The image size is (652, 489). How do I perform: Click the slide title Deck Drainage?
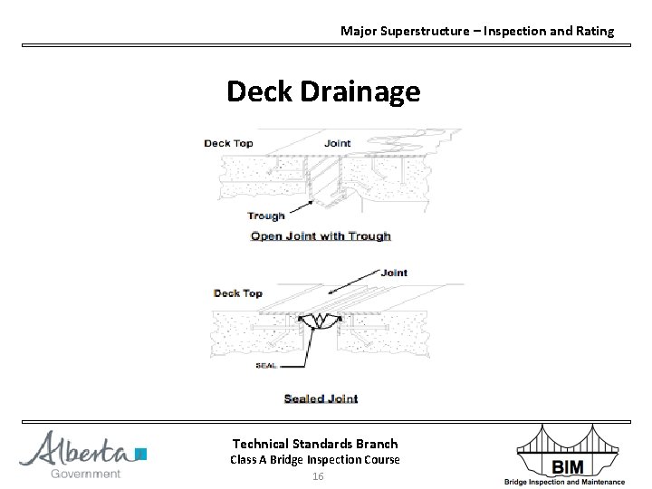(323, 91)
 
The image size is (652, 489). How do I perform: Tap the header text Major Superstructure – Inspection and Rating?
(476, 31)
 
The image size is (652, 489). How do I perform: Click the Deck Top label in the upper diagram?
(228, 143)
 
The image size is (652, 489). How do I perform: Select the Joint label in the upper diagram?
(338, 143)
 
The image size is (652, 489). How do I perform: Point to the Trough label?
(265, 216)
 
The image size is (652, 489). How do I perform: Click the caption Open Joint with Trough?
(321, 236)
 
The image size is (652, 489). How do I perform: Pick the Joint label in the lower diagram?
(394, 272)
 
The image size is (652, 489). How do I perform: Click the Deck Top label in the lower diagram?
(238, 293)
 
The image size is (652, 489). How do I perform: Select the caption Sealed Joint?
(321, 398)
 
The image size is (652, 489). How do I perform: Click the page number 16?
(317, 476)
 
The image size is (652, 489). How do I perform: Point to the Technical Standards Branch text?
(315, 444)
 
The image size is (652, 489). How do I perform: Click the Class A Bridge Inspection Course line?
(315, 460)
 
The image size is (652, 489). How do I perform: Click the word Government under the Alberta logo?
(86, 474)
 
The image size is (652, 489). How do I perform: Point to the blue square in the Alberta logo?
(140, 454)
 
